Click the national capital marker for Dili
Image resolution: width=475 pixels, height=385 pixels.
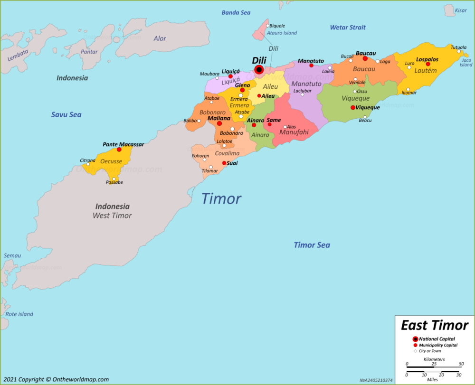click(x=259, y=70)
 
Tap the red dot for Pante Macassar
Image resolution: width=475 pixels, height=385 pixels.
click(x=119, y=150)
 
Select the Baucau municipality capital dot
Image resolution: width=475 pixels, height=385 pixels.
click(x=365, y=58)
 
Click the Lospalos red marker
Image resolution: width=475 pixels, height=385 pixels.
click(x=427, y=64)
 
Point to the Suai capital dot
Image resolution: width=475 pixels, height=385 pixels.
click(x=224, y=163)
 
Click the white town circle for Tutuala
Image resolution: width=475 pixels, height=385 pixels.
click(x=459, y=52)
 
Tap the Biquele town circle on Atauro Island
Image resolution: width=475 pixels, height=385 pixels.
click(x=267, y=26)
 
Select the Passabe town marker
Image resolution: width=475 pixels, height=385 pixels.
click(x=114, y=179)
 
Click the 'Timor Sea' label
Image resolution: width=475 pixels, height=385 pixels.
click(x=312, y=245)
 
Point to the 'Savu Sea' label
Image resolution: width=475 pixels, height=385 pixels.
click(x=66, y=114)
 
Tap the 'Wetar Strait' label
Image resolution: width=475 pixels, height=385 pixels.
click(x=348, y=27)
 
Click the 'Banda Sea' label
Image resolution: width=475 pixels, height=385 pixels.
click(x=236, y=12)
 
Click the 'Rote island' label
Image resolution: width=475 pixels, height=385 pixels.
click(x=19, y=314)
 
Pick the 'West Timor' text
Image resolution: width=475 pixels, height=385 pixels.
click(x=112, y=216)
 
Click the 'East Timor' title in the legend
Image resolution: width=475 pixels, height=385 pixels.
click(x=434, y=325)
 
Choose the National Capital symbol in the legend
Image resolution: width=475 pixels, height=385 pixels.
click(x=415, y=339)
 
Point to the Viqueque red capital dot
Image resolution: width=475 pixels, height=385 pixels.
click(x=352, y=108)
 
